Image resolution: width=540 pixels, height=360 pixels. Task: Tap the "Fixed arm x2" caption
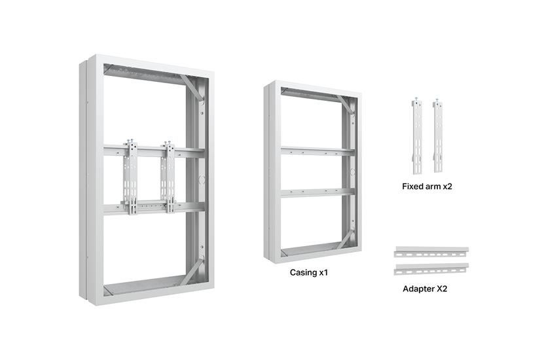click(x=427, y=187)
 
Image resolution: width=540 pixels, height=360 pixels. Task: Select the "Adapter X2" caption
click(x=425, y=287)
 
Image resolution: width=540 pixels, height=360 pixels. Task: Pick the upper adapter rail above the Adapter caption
click(x=432, y=252)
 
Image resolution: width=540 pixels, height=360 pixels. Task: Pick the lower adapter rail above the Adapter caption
click(x=432, y=268)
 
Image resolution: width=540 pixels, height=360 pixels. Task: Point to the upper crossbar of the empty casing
click(x=317, y=151)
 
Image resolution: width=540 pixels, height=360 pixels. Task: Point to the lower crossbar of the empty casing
click(x=317, y=193)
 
